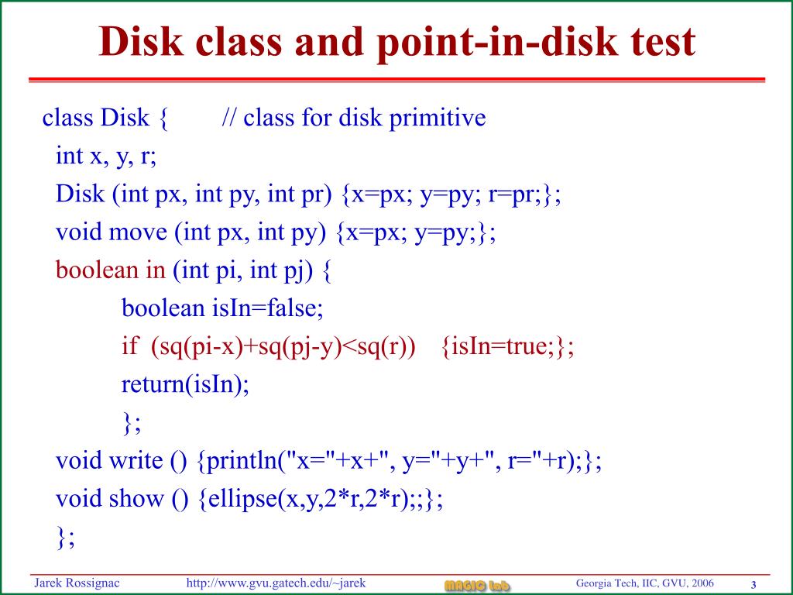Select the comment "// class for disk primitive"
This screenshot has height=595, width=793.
(x=354, y=119)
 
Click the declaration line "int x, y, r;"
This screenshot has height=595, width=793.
(x=106, y=156)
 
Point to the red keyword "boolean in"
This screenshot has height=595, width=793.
(x=111, y=270)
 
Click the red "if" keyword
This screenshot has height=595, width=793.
(x=129, y=346)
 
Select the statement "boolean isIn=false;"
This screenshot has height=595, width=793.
(x=222, y=308)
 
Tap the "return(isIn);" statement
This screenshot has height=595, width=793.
(x=186, y=384)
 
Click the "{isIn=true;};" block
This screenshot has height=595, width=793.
(x=507, y=346)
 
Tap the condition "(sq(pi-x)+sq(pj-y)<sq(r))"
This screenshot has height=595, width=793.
(x=283, y=346)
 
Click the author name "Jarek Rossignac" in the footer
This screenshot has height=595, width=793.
(x=76, y=583)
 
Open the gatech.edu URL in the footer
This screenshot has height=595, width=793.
(x=276, y=583)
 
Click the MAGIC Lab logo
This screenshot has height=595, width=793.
(x=477, y=585)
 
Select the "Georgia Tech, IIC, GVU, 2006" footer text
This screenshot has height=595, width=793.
(x=645, y=583)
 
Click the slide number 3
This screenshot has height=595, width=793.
(x=753, y=585)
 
